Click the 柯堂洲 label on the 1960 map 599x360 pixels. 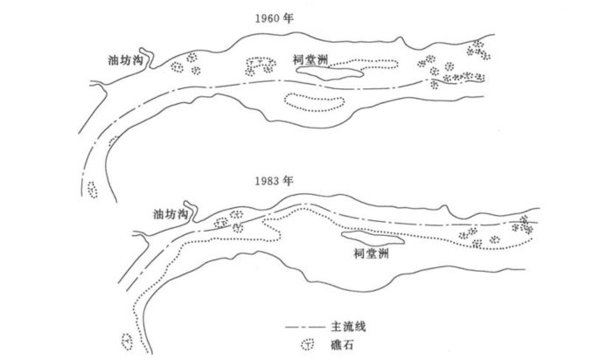point(310,60)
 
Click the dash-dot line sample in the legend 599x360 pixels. point(305,327)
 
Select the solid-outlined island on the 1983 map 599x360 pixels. point(373,239)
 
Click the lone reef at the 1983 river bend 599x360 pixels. point(129,340)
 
